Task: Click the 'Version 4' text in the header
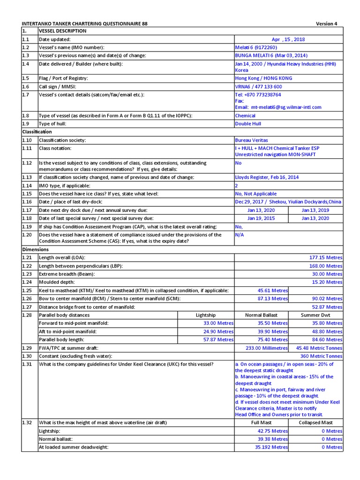[x=326, y=23]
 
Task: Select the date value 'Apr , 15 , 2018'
[x=288, y=39]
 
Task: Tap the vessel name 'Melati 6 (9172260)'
[x=256, y=47]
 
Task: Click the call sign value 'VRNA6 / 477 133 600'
[x=258, y=87]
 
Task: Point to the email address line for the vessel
[x=278, y=107]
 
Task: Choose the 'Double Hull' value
[x=248, y=124]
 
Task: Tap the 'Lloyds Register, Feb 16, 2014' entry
[x=266, y=177]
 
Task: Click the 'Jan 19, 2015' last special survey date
[x=261, y=218]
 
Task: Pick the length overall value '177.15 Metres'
[x=326, y=258]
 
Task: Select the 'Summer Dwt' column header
[x=315, y=315]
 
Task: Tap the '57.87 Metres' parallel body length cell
[x=217, y=339]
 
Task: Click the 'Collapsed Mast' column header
[x=315, y=423]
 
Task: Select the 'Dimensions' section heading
[x=36, y=249]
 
